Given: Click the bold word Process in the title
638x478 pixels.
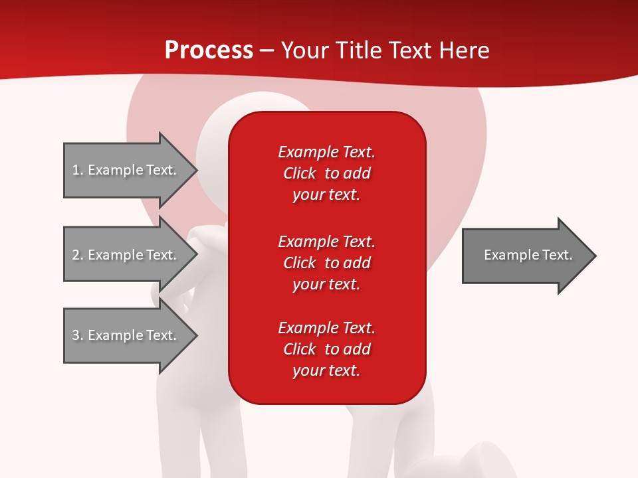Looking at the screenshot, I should click(209, 50).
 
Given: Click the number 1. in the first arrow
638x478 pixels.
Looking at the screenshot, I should click(77, 170).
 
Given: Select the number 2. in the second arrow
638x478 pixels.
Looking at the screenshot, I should click(77, 255).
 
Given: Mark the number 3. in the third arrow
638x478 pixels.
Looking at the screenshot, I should click(77, 335).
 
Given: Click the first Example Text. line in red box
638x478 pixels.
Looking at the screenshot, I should click(326, 152).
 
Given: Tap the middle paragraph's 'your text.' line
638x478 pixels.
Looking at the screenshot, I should click(326, 284).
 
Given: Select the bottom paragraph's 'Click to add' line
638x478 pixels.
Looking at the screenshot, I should click(326, 349).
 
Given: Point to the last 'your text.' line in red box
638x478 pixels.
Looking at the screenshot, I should click(326, 370).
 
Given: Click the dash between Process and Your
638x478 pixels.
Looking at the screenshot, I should click(267, 50).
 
